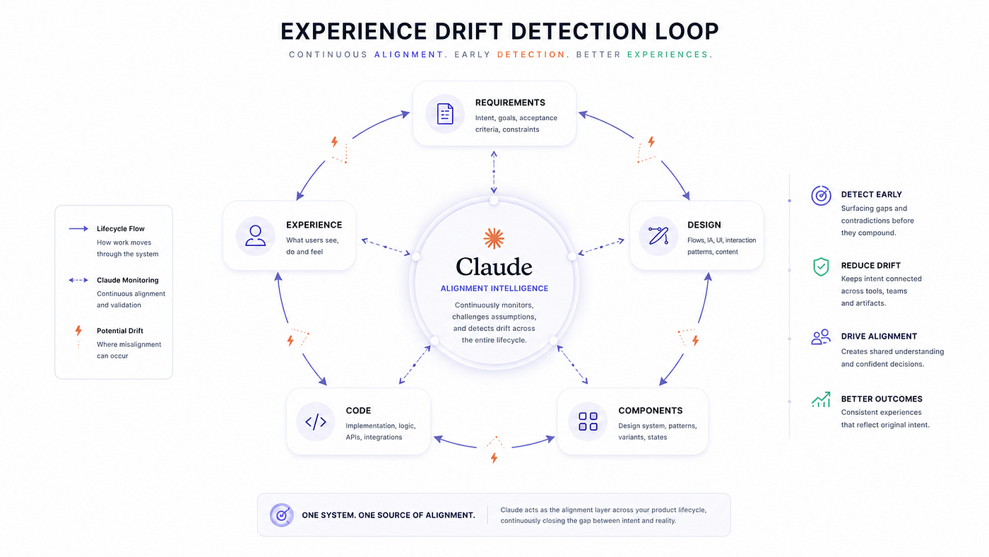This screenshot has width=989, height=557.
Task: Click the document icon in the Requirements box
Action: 444,114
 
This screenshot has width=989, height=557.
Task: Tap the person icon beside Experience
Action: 255,235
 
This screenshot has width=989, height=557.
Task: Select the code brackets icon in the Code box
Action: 316,422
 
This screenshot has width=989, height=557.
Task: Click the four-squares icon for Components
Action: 588,421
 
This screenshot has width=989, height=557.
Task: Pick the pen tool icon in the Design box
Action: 658,235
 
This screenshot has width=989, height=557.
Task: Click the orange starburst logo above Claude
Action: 494,238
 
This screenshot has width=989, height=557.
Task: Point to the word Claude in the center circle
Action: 494,266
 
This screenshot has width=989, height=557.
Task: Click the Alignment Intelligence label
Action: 494,288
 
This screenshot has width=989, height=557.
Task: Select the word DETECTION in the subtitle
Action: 531,54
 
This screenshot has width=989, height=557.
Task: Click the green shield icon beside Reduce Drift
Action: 821,266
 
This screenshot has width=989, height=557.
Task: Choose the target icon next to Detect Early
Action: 821,196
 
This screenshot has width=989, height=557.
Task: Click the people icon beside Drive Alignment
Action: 821,337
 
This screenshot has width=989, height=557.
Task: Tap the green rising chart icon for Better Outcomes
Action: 821,400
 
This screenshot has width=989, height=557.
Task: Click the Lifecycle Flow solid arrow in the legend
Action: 78,228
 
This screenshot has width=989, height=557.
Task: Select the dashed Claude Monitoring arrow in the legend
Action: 78,280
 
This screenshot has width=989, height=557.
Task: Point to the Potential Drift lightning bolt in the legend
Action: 78,330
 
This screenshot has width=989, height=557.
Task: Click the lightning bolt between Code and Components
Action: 494,458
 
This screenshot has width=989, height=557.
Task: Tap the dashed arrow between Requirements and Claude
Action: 494,172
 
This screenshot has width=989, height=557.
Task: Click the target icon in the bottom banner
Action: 282,515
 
